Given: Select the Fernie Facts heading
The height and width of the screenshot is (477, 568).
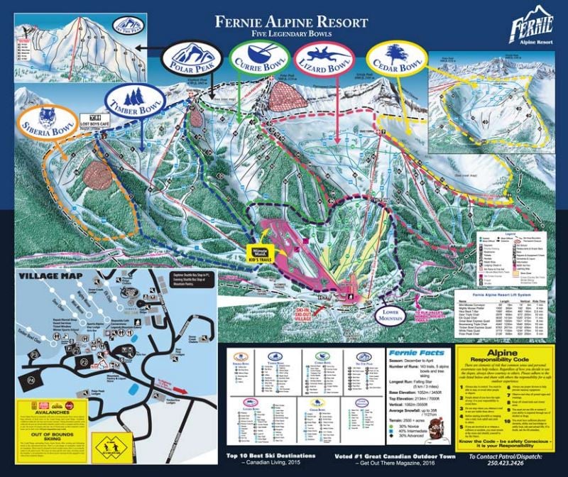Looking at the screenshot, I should point(416,353).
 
